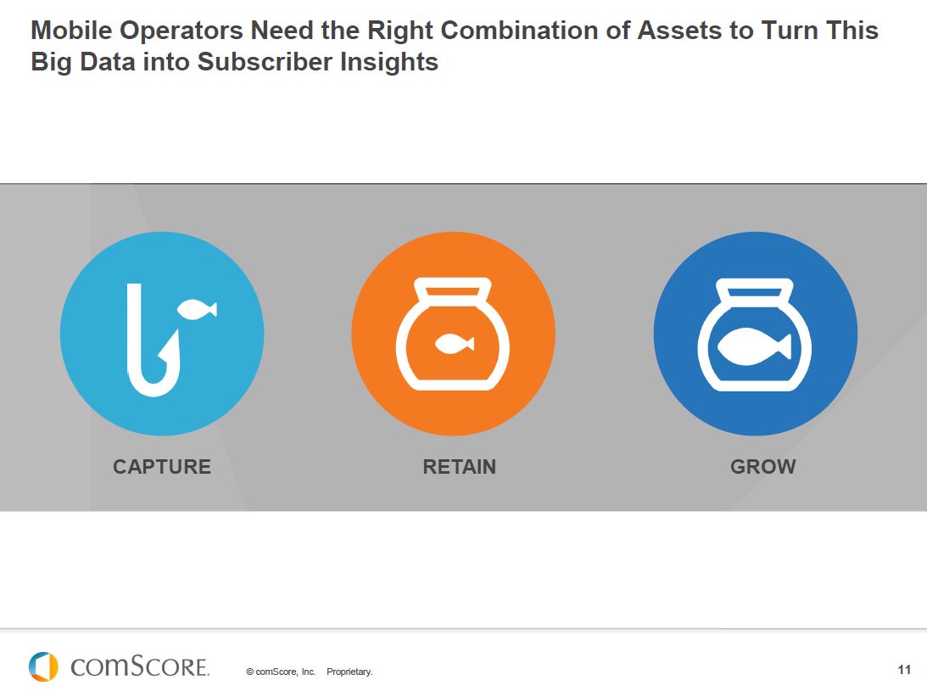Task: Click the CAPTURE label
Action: (161, 467)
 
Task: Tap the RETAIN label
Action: (459, 467)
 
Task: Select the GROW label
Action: (762, 467)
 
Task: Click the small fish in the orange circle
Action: (454, 343)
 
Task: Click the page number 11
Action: (904, 671)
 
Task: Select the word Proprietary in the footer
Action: (349, 672)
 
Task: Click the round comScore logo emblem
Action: (43, 666)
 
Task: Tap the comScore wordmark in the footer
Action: (140, 667)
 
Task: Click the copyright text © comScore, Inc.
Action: (281, 672)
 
